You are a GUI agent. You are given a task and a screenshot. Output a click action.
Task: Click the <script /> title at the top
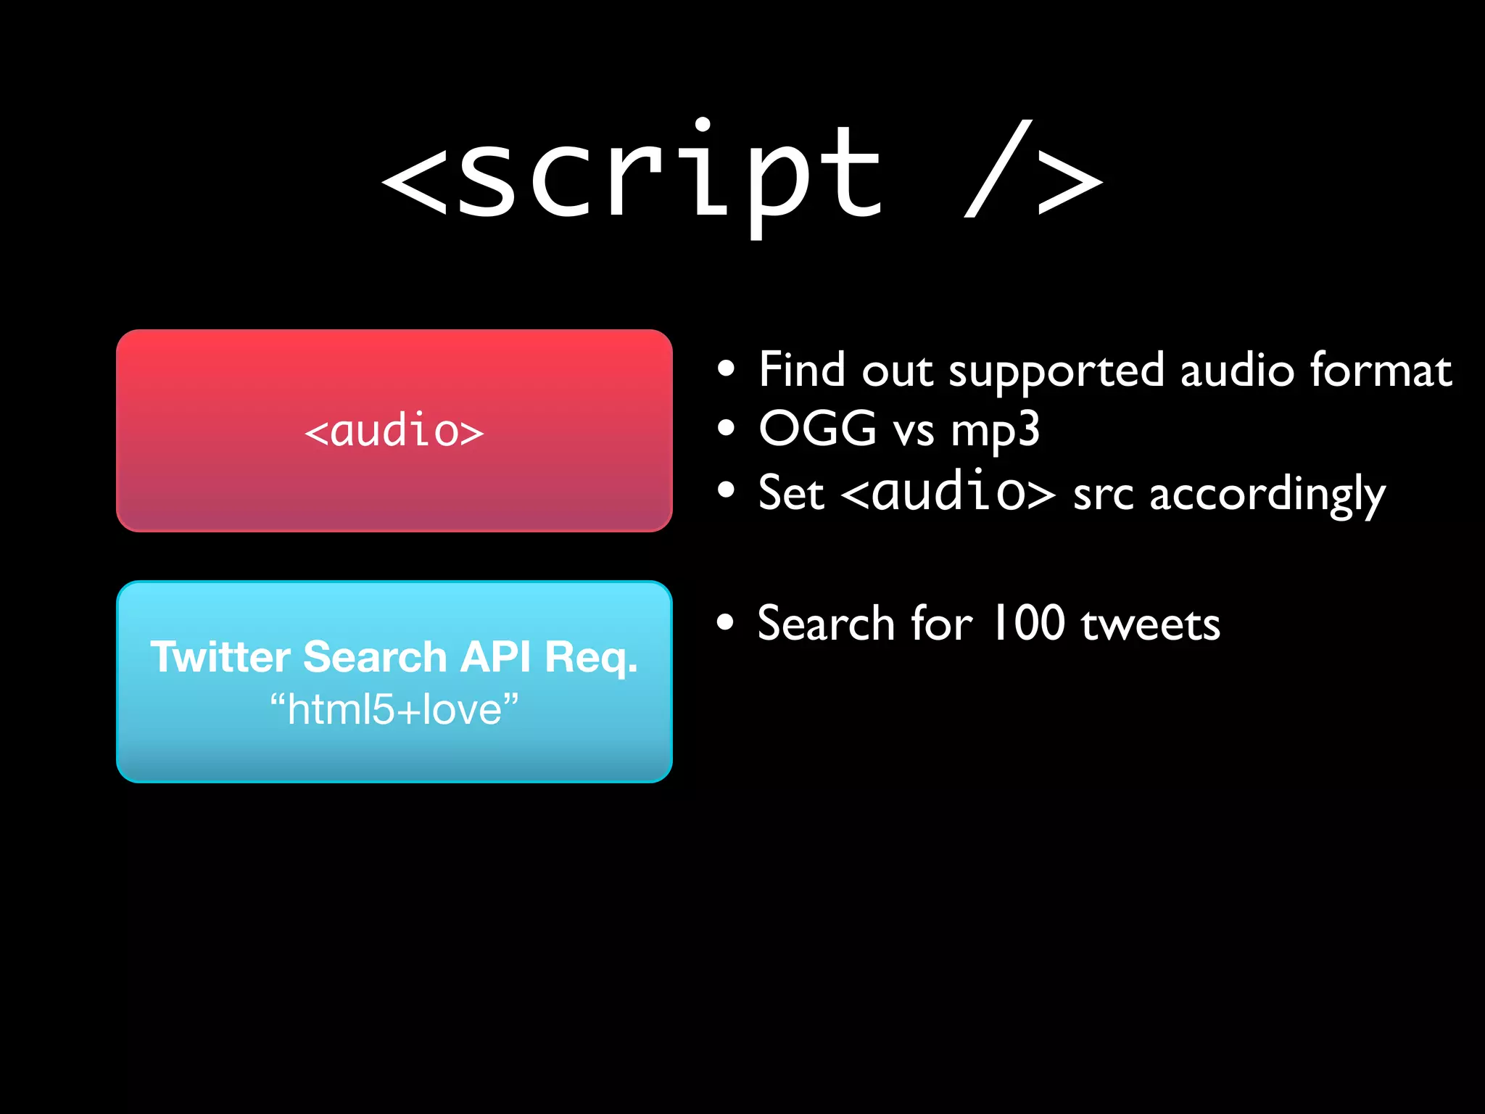tap(741, 174)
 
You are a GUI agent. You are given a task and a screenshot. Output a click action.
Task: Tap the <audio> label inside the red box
tap(394, 431)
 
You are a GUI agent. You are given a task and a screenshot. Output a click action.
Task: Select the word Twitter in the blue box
tap(220, 657)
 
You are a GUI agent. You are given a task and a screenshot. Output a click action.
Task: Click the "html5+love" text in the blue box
tap(394, 709)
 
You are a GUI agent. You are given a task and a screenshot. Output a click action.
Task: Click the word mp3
tap(995, 430)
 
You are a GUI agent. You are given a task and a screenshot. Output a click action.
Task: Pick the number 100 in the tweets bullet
tap(1028, 623)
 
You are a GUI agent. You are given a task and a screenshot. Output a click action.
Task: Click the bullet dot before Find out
tap(726, 369)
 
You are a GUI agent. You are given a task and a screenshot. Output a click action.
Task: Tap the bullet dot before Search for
tap(725, 622)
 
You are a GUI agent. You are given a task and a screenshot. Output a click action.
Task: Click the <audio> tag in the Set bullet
tap(948, 492)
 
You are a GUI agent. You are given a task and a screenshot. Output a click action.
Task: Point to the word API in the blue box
tap(495, 657)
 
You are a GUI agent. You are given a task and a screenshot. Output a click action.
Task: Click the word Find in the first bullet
tap(802, 369)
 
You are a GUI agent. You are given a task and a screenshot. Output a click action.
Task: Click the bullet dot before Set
tap(726, 491)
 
